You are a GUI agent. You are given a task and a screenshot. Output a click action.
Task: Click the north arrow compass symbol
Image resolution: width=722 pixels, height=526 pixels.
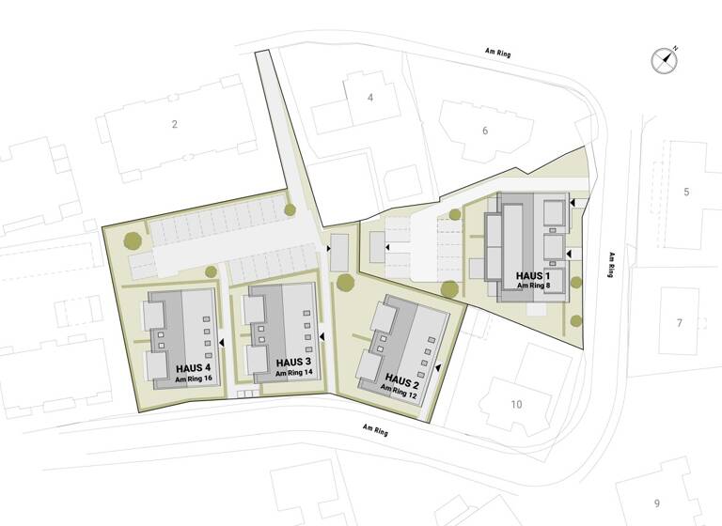pyautogui.click(x=665, y=60)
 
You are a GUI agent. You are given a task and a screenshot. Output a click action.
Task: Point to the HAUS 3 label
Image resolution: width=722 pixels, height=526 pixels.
pyautogui.click(x=294, y=362)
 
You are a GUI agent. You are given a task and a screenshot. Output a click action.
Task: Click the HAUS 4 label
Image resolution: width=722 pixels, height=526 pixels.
pyautogui.click(x=195, y=368)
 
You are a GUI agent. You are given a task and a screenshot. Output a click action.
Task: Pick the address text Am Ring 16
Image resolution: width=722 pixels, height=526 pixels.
pyautogui.click(x=195, y=379)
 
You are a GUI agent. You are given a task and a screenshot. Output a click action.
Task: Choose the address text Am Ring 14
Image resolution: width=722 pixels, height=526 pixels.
pyautogui.click(x=294, y=373)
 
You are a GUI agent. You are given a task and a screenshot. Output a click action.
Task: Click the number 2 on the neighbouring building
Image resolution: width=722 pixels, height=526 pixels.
pyautogui.click(x=174, y=124)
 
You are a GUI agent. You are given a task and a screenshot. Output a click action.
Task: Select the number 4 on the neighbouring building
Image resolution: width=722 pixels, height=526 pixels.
pyautogui.click(x=370, y=97)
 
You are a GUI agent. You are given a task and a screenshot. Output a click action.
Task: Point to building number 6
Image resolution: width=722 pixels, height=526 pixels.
pyautogui.click(x=485, y=131)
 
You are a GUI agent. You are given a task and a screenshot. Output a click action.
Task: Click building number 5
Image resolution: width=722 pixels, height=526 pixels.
pyautogui.click(x=686, y=192)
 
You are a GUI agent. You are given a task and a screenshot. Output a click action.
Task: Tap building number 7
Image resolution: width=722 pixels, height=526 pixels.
pyautogui.click(x=679, y=323)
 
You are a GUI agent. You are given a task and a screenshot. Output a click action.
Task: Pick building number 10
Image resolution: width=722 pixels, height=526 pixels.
pyautogui.click(x=516, y=405)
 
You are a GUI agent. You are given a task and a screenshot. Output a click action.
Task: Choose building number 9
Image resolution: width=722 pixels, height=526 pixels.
pyautogui.click(x=657, y=503)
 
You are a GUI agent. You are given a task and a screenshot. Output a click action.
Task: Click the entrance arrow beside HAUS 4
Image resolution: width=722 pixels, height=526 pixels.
pyautogui.click(x=222, y=344)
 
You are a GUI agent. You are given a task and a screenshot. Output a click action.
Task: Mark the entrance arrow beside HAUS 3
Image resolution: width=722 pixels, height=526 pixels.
pyautogui.click(x=322, y=335)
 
